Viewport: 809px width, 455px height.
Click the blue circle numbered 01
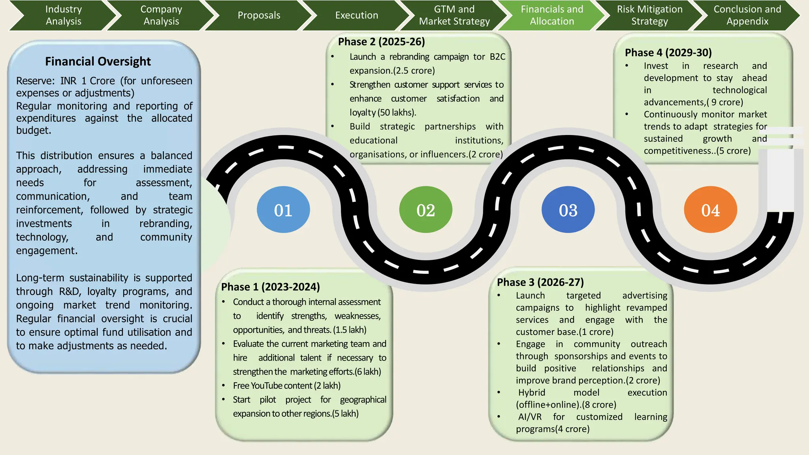coord(283,210)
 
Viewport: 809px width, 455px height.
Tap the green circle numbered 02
coord(425,210)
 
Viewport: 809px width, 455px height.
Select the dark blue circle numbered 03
coord(568,210)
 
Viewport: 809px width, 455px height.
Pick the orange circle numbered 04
coord(710,210)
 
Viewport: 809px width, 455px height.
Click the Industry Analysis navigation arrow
coord(63,15)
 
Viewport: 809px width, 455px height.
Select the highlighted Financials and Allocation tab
coord(551,15)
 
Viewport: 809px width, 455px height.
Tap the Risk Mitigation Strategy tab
coord(649,15)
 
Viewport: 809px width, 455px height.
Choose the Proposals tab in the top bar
coord(259,15)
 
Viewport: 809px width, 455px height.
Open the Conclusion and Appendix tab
coord(747,15)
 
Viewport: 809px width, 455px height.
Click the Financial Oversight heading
coord(98,62)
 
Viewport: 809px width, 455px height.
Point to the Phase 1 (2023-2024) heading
coord(271,287)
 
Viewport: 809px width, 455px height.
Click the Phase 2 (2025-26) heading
coord(381,42)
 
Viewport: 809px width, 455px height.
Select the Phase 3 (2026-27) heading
coord(540,282)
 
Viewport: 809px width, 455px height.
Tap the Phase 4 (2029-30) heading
coord(668,53)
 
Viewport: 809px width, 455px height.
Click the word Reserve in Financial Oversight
coord(35,81)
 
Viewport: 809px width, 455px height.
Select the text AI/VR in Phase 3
coord(530,417)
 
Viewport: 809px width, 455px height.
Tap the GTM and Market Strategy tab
coord(454,15)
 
